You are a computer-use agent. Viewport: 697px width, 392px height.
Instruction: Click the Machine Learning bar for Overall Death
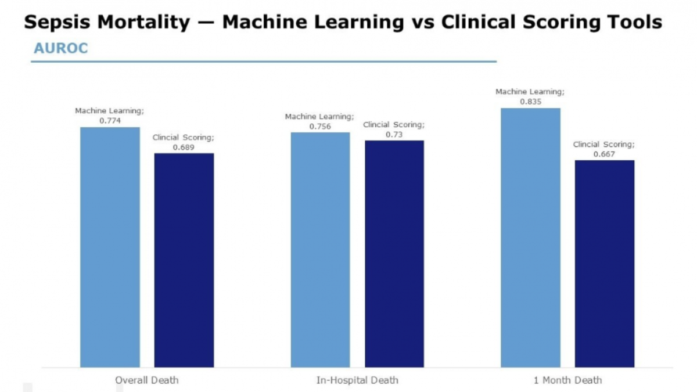[x=110, y=247]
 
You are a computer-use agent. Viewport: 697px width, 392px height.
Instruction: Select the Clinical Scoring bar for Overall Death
[x=184, y=260]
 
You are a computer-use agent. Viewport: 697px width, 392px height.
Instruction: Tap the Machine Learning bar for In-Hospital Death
[x=320, y=250]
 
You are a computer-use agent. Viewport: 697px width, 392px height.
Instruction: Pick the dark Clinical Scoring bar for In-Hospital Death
[x=394, y=254]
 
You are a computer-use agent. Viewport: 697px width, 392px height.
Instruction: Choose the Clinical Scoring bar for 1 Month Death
[x=604, y=263]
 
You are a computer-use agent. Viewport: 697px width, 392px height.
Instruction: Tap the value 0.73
[x=394, y=134]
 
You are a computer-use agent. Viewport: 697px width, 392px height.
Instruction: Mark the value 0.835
[x=530, y=101]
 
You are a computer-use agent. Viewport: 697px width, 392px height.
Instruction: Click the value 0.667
[x=604, y=154]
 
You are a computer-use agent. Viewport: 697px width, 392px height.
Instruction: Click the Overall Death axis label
[x=146, y=380]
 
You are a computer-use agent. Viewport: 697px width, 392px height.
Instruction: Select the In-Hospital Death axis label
[x=357, y=380]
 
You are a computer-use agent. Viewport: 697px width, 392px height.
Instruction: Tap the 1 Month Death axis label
[x=567, y=380]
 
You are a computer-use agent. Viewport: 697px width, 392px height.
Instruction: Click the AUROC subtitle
[x=60, y=48]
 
